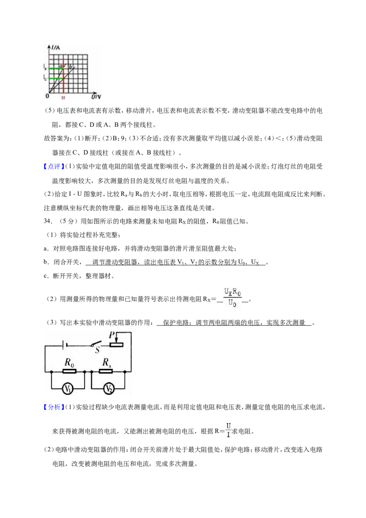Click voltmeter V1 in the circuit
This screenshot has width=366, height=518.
(68, 389)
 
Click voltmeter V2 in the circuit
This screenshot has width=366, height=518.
(108, 389)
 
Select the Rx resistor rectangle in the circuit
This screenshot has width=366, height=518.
(106, 371)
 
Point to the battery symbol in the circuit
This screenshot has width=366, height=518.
(65, 345)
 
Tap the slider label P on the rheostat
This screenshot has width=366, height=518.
(112, 335)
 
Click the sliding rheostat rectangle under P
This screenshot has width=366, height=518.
(116, 345)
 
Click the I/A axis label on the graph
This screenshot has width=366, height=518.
(55, 48)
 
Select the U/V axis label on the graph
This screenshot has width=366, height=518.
(96, 97)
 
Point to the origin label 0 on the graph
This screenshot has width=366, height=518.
(47, 96)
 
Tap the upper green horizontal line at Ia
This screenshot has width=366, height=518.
(55, 68)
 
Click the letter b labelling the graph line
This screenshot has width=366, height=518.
(70, 66)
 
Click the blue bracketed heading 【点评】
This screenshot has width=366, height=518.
(52, 167)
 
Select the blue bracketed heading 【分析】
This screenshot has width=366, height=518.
(52, 407)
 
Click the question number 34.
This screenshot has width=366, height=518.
(48, 221)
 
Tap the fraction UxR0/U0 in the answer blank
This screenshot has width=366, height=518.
(232, 297)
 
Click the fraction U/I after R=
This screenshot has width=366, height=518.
(228, 430)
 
